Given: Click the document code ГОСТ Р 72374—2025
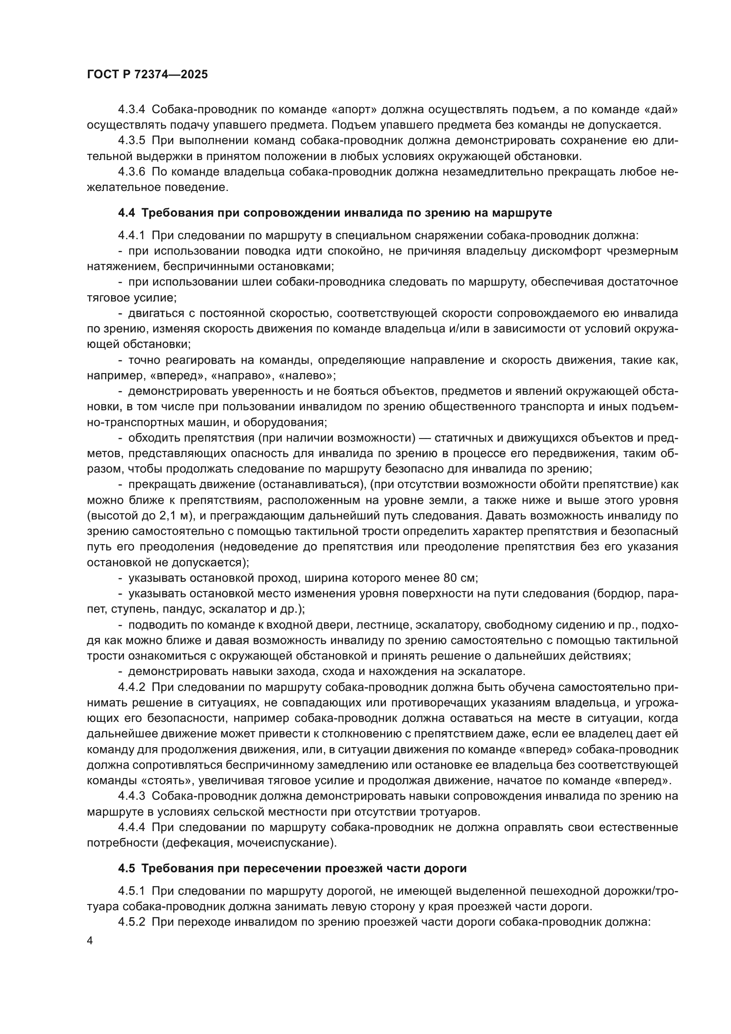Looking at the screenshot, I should pyautogui.click(x=147, y=75).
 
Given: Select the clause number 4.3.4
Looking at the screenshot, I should pyautogui.click(x=131, y=110).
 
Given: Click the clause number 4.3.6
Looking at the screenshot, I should pyautogui.click(x=131, y=172).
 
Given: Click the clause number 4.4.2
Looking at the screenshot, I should pyautogui.click(x=131, y=687).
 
